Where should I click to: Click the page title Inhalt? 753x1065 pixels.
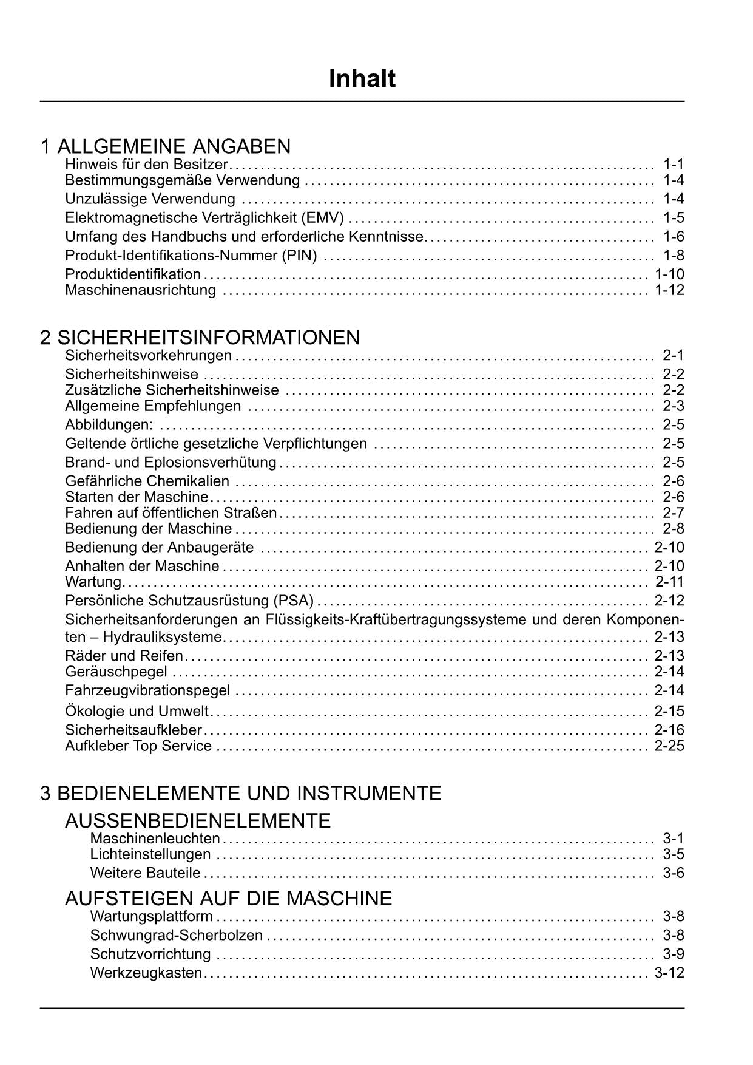coord(362,79)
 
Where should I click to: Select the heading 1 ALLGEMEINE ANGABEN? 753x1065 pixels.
coord(166,146)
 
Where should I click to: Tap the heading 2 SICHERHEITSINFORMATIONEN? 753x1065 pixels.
coord(200,337)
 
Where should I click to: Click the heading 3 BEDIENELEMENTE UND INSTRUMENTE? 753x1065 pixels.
coord(241,793)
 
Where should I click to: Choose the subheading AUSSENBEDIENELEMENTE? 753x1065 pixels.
coord(198,820)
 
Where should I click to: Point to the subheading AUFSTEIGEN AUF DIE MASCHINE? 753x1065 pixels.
coord(229,898)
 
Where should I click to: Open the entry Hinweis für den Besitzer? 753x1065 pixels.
coord(146,164)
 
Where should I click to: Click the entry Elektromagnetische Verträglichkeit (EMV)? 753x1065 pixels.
coord(204,217)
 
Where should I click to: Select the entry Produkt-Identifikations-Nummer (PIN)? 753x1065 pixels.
coord(191,256)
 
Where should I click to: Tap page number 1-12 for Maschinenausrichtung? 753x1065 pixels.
coord(669,290)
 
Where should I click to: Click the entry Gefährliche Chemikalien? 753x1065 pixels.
coord(147,481)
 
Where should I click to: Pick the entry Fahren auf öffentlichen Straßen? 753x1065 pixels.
coord(171,513)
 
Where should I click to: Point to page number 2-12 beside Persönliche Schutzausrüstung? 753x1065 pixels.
coord(669,601)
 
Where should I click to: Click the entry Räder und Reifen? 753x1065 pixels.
coord(124,656)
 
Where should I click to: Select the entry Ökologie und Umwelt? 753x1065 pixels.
coord(137,711)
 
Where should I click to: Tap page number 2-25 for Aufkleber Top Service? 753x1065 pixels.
coord(669,746)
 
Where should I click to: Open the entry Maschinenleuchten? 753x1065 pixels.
coord(155,839)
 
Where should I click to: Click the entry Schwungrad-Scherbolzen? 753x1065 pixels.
coord(177,935)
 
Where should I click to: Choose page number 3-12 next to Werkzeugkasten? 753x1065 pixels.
coord(669,973)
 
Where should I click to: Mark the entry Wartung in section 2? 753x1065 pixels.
coord(93,582)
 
